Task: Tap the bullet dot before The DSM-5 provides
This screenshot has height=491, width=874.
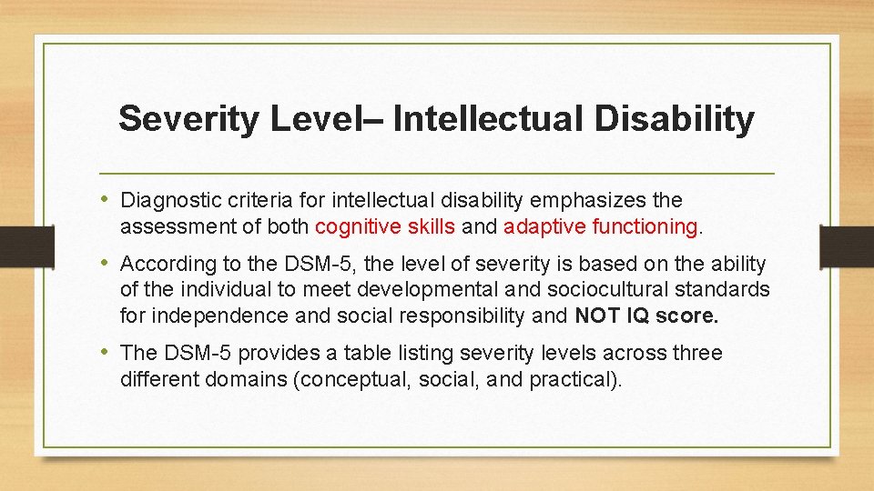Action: (107, 353)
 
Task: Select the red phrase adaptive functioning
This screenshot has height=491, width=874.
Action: (600, 225)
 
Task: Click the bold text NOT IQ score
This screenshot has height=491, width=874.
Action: (646, 316)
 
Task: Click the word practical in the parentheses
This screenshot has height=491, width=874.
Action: (573, 378)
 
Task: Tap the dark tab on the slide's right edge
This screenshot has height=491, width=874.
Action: (847, 246)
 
